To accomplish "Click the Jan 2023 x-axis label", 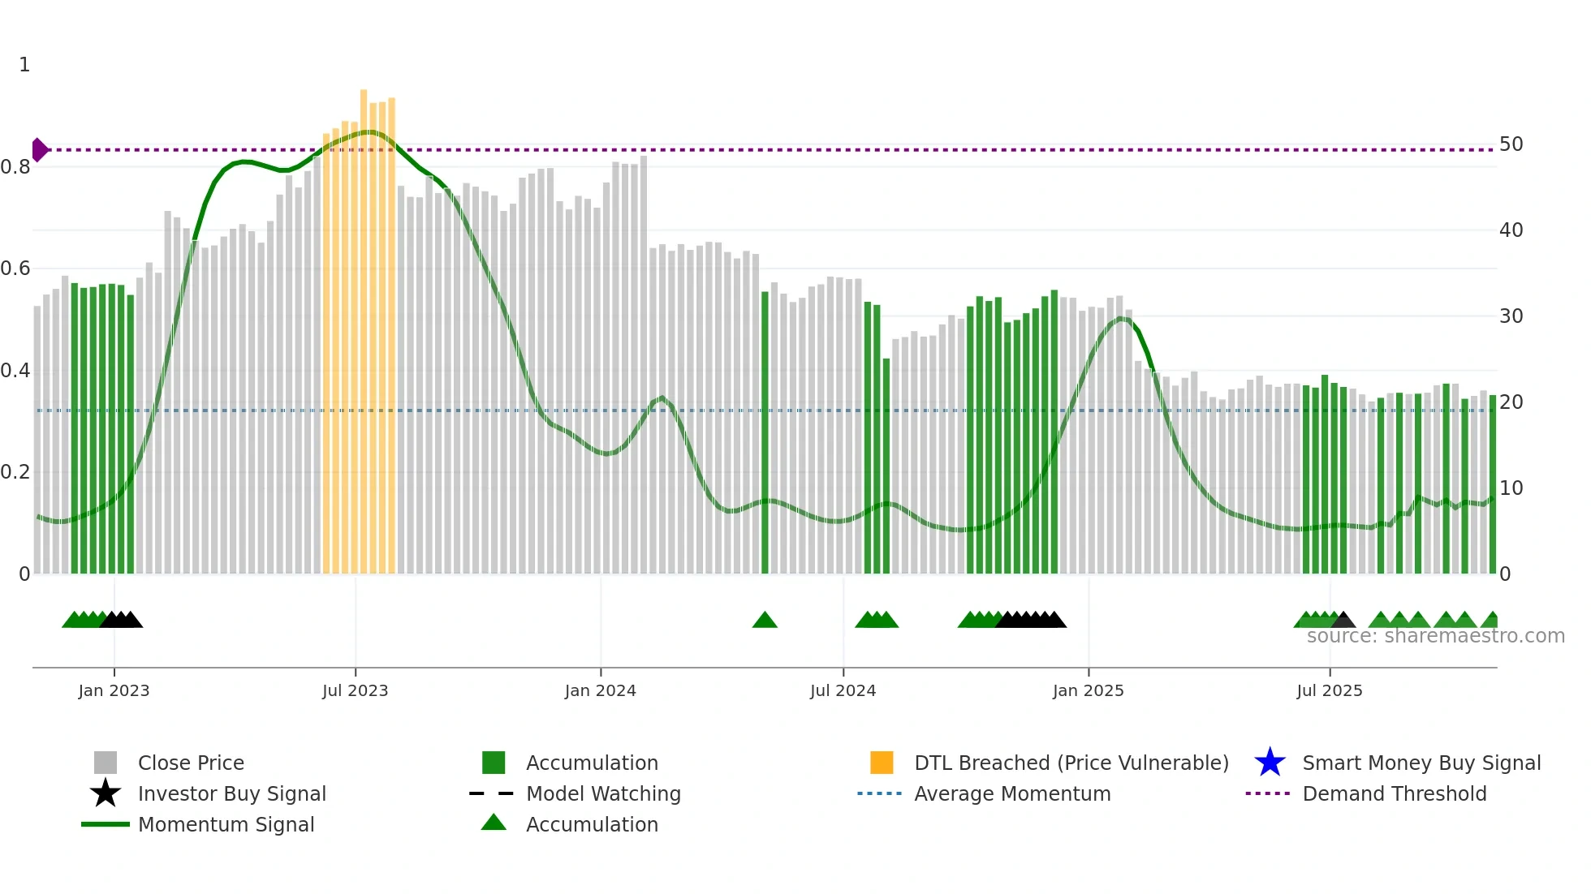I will click(114, 690).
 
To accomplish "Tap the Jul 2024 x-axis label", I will click(843, 690).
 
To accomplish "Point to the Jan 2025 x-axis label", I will click(1088, 690).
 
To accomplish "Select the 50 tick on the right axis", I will click(1511, 144).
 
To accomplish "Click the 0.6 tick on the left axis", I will click(15, 269).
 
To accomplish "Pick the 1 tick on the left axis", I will click(24, 65).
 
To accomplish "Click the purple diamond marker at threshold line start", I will click(39, 150).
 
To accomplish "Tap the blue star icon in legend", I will click(1270, 763).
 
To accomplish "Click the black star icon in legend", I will click(106, 793).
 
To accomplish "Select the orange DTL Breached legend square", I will click(882, 763).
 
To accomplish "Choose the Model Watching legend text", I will click(603, 793).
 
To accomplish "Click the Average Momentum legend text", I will click(1012, 793).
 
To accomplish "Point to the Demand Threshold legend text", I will click(1394, 793).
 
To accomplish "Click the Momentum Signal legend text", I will click(226, 824).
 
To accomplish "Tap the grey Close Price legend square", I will click(106, 763).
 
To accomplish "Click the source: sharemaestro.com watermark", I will click(1435, 636).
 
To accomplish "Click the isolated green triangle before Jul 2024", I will click(765, 621).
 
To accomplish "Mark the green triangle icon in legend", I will click(494, 823).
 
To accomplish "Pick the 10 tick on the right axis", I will click(1511, 488).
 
